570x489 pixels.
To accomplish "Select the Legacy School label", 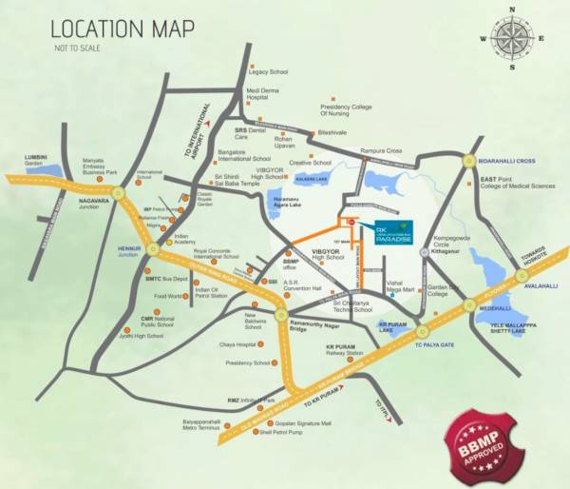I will pyautogui.click(x=268, y=72).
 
